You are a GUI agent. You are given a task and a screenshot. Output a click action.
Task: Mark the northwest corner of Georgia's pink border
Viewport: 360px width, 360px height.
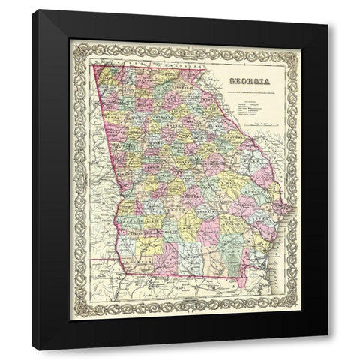pyautogui.click(x=92, y=65)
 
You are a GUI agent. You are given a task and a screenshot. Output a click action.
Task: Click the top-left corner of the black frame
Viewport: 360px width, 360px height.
pyautogui.click(x=34, y=11)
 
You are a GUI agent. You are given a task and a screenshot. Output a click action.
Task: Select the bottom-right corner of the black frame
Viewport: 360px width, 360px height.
pyautogui.click(x=327, y=349)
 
